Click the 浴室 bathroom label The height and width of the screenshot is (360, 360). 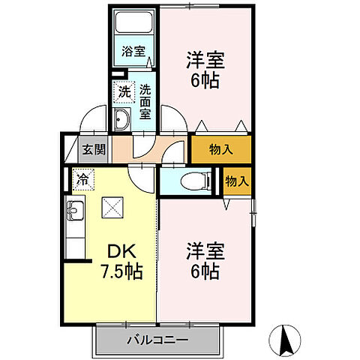pyautogui.click(x=134, y=53)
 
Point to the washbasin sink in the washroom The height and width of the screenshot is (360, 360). pyautogui.click(x=121, y=118)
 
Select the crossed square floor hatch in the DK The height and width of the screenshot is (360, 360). pyautogui.click(x=113, y=205)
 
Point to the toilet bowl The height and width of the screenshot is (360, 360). pyautogui.click(x=196, y=180)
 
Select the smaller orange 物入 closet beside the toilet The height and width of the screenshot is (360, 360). pyautogui.click(x=235, y=181)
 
